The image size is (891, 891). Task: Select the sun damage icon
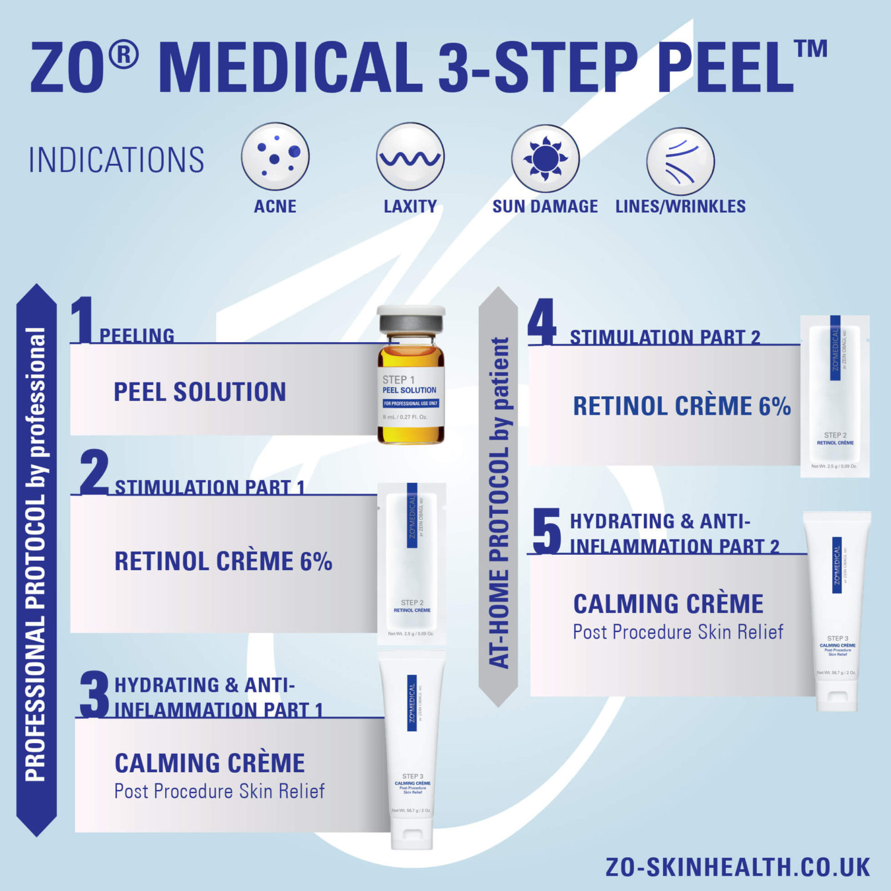[x=545, y=159]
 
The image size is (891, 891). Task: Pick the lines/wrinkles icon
[x=680, y=161]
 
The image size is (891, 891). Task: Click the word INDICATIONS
[x=116, y=160]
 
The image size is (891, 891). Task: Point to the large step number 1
[x=82, y=321]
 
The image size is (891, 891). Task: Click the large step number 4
[x=542, y=322]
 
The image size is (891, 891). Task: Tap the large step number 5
[x=546, y=530]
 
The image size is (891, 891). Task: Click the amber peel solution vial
[x=411, y=392]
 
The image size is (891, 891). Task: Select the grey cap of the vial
[x=411, y=326]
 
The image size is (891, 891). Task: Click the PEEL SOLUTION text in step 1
[x=200, y=392]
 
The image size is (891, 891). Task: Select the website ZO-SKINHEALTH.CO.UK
[x=738, y=867]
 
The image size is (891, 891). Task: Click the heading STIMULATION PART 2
[x=665, y=337]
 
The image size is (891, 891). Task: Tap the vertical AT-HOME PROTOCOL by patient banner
[x=498, y=499]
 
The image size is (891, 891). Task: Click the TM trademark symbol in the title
[x=811, y=49]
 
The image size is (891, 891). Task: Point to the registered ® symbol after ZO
[x=124, y=55]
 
